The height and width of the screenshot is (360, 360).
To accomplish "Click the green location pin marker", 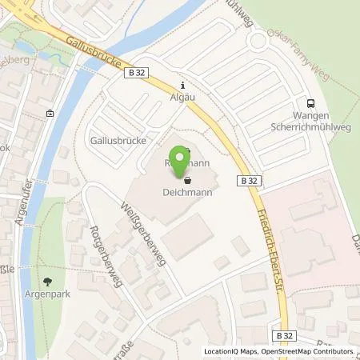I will [181, 162].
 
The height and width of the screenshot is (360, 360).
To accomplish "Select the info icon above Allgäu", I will [183, 86].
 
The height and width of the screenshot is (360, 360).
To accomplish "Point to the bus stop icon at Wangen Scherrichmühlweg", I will [311, 102].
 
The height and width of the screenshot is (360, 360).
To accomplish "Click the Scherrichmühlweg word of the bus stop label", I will [312, 126].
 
